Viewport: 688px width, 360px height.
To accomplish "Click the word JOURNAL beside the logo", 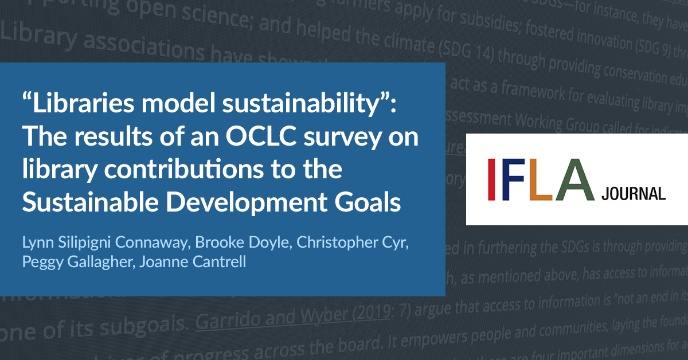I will click(634, 194).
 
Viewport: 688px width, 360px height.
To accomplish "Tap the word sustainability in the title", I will click(302, 105).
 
